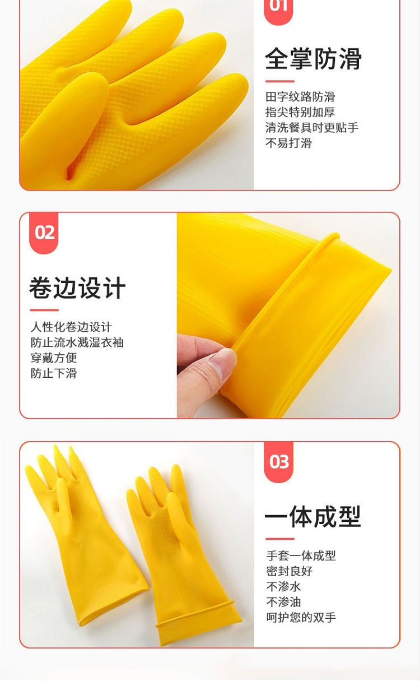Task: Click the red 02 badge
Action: click(44, 233)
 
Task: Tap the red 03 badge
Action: click(278, 462)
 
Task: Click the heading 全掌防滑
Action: click(313, 59)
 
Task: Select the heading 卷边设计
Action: click(77, 288)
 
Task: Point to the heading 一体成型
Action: click(313, 517)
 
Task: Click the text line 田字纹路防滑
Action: click(300, 97)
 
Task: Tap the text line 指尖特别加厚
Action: click(300, 112)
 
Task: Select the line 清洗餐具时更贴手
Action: click(312, 128)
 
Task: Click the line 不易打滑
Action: click(288, 143)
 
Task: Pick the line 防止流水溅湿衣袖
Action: click(77, 342)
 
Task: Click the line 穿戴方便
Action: click(54, 358)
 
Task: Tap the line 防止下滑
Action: click(54, 373)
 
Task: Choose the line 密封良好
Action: click(290, 571)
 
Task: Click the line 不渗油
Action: click(284, 602)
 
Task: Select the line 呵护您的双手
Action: click(301, 617)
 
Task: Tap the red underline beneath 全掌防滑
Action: click(280, 81)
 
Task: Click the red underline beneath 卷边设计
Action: click(44, 310)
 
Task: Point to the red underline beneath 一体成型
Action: click(280, 539)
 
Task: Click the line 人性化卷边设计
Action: click(71, 327)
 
